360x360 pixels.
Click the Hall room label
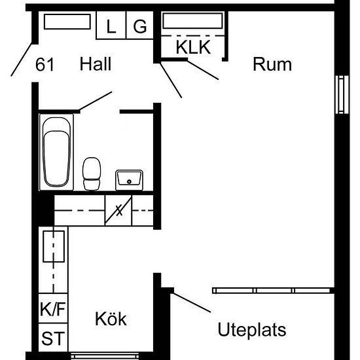(x=96, y=64)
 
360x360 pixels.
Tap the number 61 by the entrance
(x=45, y=65)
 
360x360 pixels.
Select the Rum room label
(x=272, y=64)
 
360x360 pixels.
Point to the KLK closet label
(x=193, y=47)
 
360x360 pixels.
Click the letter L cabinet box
(x=111, y=26)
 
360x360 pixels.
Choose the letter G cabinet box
(x=140, y=26)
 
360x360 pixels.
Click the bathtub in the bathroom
(x=56, y=152)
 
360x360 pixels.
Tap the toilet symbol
(x=92, y=174)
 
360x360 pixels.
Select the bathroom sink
(x=129, y=180)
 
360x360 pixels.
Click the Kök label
(x=111, y=319)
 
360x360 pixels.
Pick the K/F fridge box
(x=53, y=308)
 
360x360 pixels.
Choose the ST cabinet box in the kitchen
(x=53, y=338)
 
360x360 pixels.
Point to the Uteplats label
(x=252, y=330)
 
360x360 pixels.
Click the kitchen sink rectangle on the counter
(x=54, y=246)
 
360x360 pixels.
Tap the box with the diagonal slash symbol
(x=118, y=211)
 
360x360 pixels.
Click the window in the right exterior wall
(x=342, y=95)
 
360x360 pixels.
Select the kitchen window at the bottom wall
(x=105, y=356)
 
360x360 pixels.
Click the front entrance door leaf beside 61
(x=22, y=59)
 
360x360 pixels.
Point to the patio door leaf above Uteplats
(x=192, y=302)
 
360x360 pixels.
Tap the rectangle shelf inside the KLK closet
(x=192, y=21)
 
